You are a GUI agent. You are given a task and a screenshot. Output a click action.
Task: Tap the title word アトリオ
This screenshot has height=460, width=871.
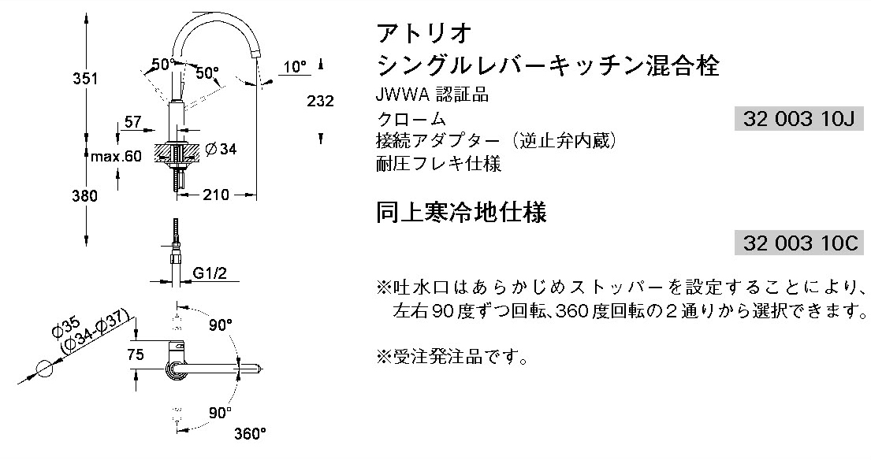[x=425, y=33]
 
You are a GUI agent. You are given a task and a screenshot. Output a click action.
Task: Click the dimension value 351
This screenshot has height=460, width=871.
[x=85, y=80]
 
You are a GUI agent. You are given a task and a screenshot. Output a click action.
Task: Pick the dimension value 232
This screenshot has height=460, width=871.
[x=322, y=102]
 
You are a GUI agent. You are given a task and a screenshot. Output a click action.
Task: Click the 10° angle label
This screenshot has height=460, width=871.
[x=296, y=67]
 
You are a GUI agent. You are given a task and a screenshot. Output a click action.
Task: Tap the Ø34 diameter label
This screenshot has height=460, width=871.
[x=221, y=149]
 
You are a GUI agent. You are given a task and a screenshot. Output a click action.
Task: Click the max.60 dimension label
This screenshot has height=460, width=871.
[x=115, y=156]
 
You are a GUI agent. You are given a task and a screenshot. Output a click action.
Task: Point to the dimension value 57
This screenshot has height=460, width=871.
[x=132, y=122]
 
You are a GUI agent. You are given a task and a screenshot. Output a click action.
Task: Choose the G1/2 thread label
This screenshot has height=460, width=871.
[x=210, y=273]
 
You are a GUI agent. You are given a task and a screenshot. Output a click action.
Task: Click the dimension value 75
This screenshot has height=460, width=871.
[x=136, y=355]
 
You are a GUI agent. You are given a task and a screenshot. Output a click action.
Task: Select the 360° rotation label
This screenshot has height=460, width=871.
[x=250, y=432]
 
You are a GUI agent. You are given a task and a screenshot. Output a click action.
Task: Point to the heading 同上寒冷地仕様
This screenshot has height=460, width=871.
[x=462, y=213]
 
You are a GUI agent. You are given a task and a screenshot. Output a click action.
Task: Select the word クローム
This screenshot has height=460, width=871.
[x=412, y=120]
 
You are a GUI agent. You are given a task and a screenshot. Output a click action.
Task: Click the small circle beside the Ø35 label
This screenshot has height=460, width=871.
[x=46, y=368]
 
